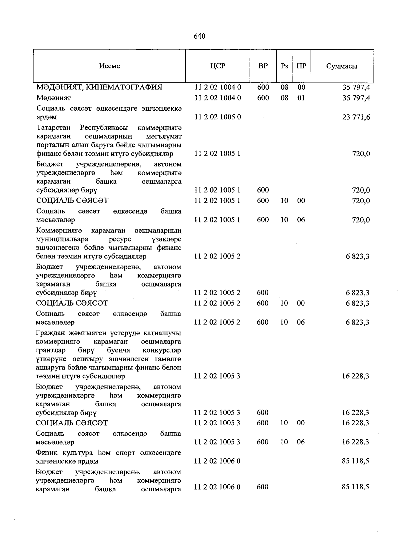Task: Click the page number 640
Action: [x=199, y=36]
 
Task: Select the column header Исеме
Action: [x=109, y=66]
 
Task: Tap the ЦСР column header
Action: [x=218, y=66]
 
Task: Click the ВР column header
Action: [x=263, y=66]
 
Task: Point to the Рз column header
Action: [x=284, y=66]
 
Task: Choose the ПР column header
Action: [x=301, y=66]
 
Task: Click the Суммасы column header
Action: [x=342, y=66]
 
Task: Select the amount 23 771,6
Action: [x=356, y=117]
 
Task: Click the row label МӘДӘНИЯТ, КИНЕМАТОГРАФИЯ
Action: [x=99, y=87]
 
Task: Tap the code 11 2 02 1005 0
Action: [x=218, y=117]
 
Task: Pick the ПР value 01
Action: [x=301, y=98]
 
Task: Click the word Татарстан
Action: [x=54, y=128]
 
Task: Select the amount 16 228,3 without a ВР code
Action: [x=355, y=376]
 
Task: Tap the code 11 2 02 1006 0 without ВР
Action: [x=217, y=461]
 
